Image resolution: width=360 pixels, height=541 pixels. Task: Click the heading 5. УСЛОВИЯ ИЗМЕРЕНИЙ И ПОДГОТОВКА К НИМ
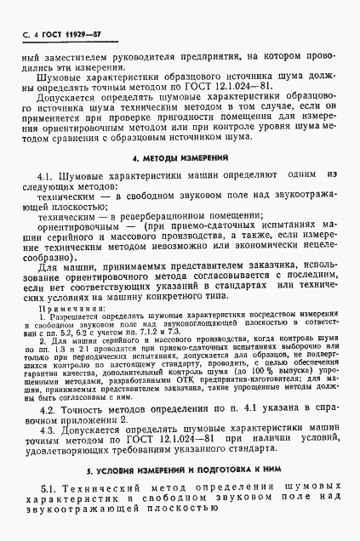[x=180, y=470]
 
